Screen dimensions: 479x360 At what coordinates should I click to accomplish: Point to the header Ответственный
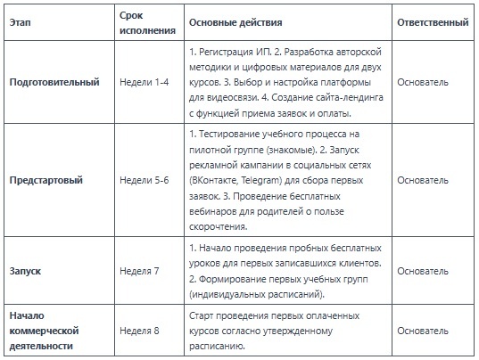click(x=432, y=20)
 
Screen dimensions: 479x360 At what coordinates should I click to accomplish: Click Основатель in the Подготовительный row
click(x=424, y=83)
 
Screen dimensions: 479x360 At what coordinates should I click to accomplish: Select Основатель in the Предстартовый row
click(x=424, y=180)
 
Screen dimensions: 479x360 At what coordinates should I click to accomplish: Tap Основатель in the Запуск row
click(x=424, y=269)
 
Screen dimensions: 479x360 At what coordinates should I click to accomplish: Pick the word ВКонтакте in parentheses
click(x=218, y=180)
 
